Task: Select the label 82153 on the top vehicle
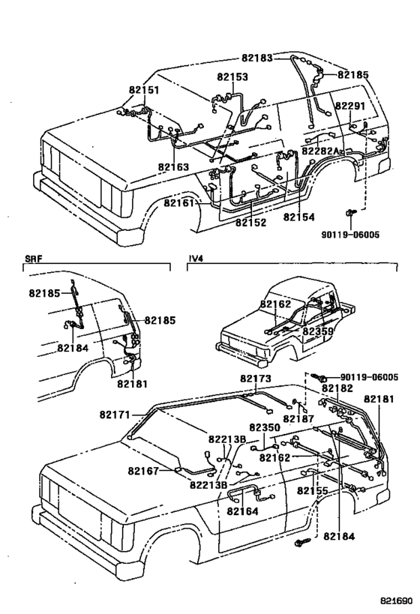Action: pos(233,76)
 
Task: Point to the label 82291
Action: pos(349,106)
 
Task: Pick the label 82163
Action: pos(173,166)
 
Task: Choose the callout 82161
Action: pos(179,203)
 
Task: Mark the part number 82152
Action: pos(250,223)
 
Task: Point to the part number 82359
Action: pos(319,331)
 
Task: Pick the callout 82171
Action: pos(114,414)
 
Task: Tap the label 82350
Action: pos(264,427)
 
